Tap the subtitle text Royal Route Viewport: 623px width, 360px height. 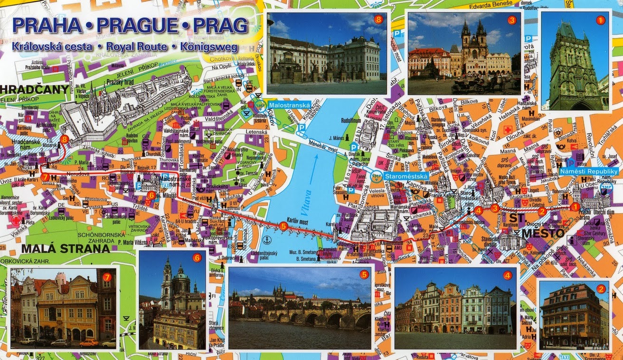pyautogui.click(x=137, y=47)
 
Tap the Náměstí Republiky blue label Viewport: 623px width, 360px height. pyautogui.click(x=589, y=171)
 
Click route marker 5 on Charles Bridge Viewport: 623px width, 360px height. pyautogui.click(x=283, y=227)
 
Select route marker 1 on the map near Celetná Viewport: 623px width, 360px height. pyautogui.click(x=575, y=207)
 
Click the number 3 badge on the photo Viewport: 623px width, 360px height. pyautogui.click(x=511, y=20)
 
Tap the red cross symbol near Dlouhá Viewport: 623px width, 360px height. pyautogui.click(x=508, y=130)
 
